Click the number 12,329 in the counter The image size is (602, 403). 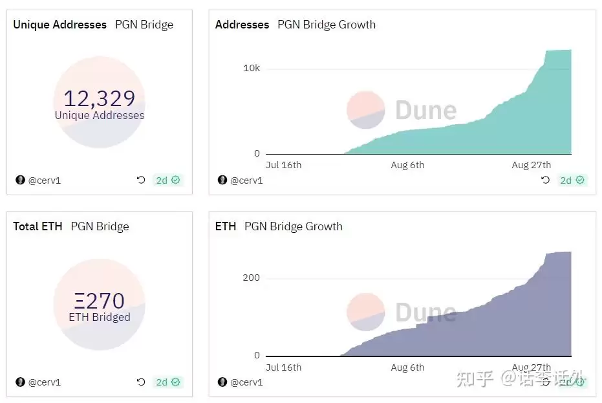pos(99,98)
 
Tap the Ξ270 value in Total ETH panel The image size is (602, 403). pos(99,301)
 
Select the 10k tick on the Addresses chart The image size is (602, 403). pos(251,69)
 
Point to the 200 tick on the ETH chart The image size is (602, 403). pos(251,278)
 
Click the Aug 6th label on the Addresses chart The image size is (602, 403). pos(407,165)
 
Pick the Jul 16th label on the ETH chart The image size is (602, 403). pos(283,367)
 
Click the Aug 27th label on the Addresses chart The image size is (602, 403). pos(531,165)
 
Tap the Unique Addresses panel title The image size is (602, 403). pos(59,25)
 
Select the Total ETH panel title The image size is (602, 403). pos(38,226)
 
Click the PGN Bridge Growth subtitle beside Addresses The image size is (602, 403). pos(327,25)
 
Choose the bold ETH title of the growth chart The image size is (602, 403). pos(226,226)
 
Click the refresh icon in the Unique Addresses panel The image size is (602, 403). pos(141,180)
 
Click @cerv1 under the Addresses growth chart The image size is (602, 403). pos(246,180)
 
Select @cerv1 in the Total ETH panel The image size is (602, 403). pos(44,382)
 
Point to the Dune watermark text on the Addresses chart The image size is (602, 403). pos(425,110)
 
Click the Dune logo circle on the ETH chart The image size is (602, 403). pos(366,312)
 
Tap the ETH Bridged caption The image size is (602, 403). pos(99,317)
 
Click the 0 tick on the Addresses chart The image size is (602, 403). pos(257,153)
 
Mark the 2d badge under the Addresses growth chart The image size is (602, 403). pos(571,180)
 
